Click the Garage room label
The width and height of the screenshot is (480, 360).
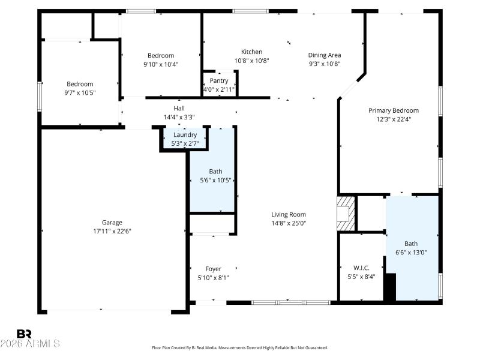112,222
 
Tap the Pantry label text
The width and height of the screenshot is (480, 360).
219,81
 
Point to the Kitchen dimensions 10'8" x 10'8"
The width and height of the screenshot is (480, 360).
251,61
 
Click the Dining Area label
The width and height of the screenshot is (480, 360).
325,52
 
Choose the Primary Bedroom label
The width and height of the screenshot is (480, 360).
394,110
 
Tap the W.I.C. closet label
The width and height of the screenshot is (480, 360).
361,268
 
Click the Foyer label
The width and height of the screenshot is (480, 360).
213,269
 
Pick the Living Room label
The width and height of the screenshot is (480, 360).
289,214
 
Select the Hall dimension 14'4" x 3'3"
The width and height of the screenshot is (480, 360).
179,117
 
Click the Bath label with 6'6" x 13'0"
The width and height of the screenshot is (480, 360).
411,244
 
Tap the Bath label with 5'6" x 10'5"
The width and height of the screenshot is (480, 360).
215,172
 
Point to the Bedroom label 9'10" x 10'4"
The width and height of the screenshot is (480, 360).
161,56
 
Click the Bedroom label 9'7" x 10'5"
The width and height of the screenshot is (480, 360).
80,84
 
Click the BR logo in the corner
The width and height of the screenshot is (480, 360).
24,333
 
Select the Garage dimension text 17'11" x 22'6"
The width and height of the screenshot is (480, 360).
112,231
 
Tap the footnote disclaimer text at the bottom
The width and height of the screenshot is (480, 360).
240,348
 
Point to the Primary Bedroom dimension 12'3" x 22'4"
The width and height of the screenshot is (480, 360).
394,119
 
